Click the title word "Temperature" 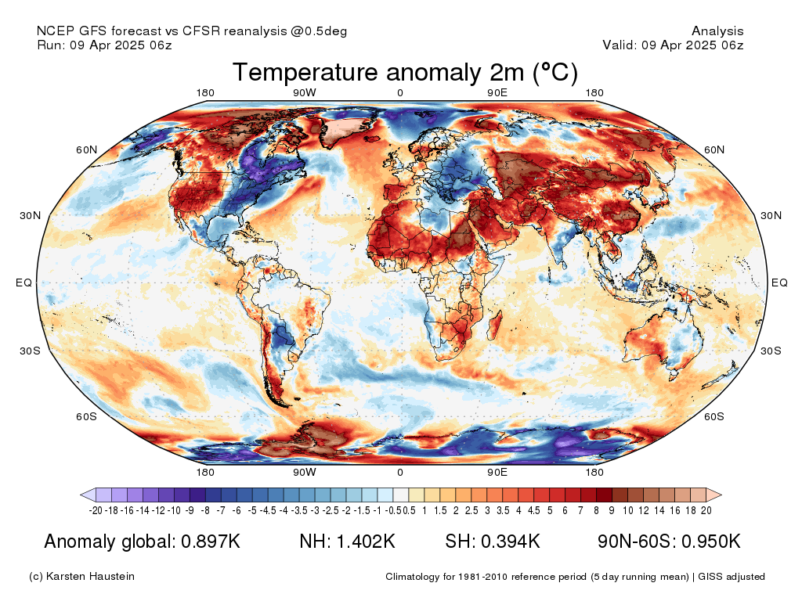tap(305, 73)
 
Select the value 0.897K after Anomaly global tap(211, 542)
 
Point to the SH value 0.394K tap(511, 542)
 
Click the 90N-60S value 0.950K tap(711, 542)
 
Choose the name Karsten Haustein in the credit tap(90, 577)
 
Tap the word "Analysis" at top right tap(717, 31)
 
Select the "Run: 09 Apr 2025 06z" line tap(104, 45)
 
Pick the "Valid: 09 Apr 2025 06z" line tap(673, 45)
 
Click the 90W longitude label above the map tap(305, 92)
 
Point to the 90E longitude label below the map tap(497, 472)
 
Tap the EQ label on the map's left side tap(23, 283)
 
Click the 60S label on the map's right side tap(714, 416)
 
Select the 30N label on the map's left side tap(31, 216)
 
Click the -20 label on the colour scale tap(96, 510)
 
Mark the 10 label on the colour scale tap(628, 510)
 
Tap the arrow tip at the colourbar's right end tap(721, 495)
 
